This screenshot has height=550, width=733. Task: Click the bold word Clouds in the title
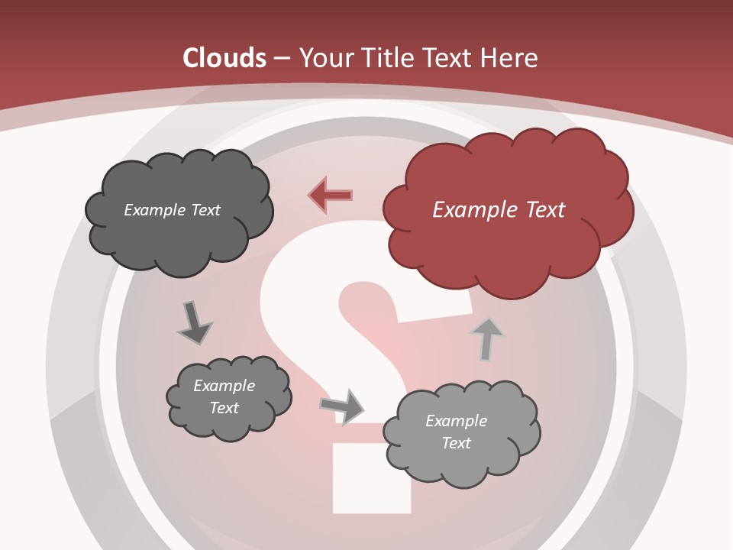pos(224,58)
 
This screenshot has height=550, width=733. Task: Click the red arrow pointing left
pos(331,195)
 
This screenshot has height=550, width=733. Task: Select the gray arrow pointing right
pos(342,406)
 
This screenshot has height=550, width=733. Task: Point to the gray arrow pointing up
pos(486,338)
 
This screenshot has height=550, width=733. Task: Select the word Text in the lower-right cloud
pos(457,443)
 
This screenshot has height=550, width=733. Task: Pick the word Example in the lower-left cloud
pos(224,386)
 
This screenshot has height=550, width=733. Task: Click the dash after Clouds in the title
pos(280,58)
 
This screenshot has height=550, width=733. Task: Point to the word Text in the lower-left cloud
pos(224,408)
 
